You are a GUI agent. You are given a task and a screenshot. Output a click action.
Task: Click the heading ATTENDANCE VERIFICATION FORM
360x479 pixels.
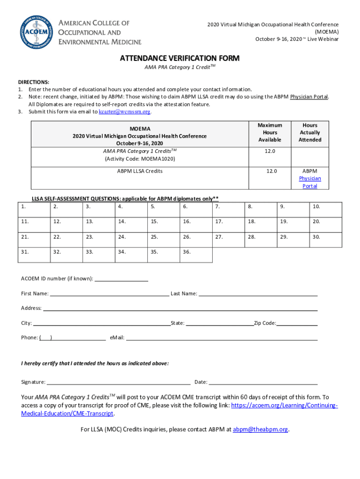click(x=180, y=58)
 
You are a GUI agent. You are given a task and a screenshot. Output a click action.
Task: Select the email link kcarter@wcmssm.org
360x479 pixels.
click(x=125, y=112)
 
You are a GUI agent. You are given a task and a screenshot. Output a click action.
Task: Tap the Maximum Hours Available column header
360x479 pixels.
click(x=270, y=132)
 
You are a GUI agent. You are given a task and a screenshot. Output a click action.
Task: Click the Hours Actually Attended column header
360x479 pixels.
click(x=310, y=132)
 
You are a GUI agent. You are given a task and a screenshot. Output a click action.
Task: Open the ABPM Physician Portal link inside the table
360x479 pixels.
click(x=310, y=179)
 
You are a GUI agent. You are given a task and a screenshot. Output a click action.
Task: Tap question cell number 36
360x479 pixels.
click(x=196, y=255)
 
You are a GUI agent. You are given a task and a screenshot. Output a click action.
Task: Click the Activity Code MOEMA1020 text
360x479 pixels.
click(x=140, y=159)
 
